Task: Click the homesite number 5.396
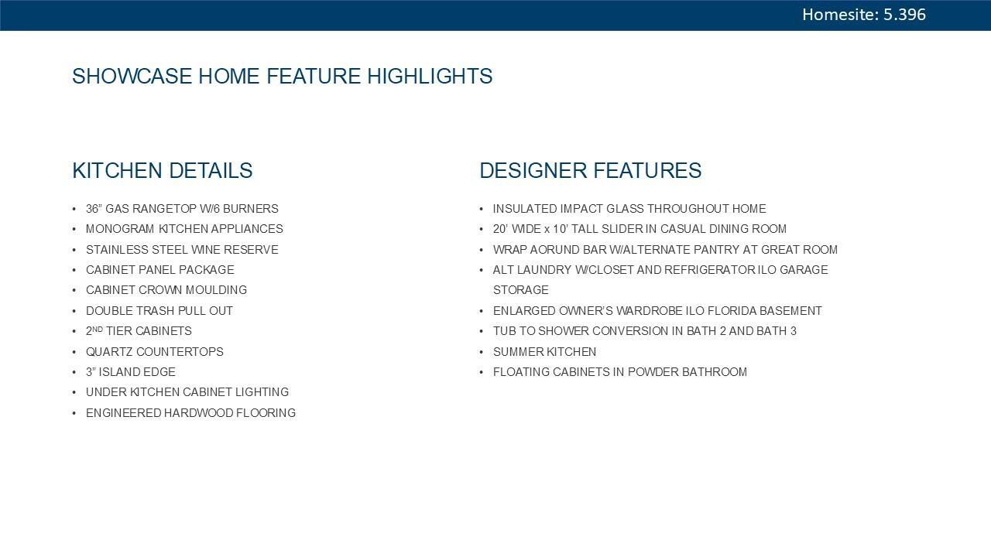click(904, 15)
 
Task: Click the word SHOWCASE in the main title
click(132, 76)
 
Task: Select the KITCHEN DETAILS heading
click(163, 171)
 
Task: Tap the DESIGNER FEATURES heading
click(591, 171)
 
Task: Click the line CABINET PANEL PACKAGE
click(160, 270)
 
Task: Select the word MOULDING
click(216, 290)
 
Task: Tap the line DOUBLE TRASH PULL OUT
click(159, 311)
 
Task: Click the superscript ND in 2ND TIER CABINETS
click(98, 329)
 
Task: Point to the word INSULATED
click(525, 209)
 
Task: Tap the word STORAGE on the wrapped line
click(521, 290)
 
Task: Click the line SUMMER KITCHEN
click(544, 352)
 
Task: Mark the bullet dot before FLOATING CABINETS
click(482, 373)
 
